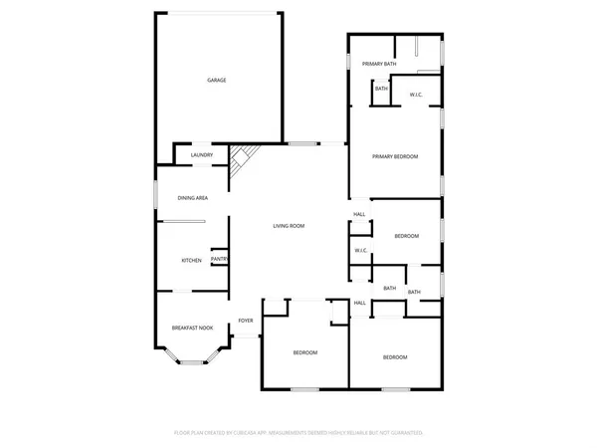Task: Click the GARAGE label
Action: coord(216,80)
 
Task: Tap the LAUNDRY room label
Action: coord(203,154)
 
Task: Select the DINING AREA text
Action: coord(192,198)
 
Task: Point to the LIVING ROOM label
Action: coord(289,226)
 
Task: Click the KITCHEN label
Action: coord(191,261)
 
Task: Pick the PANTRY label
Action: coord(220,260)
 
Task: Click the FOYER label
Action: coord(245,321)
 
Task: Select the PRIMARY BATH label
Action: coord(379,64)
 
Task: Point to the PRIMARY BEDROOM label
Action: coord(395,156)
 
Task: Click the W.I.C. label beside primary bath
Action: coord(418,96)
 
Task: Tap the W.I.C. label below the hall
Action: coord(361,250)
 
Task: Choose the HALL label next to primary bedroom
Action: coord(359,214)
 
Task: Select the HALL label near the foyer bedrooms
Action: coord(359,302)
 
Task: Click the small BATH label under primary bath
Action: coord(381,90)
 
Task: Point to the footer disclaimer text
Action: coord(298,433)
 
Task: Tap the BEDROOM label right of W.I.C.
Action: coord(406,236)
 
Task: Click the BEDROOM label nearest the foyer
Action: coord(304,353)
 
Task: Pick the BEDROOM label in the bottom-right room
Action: coord(395,356)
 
